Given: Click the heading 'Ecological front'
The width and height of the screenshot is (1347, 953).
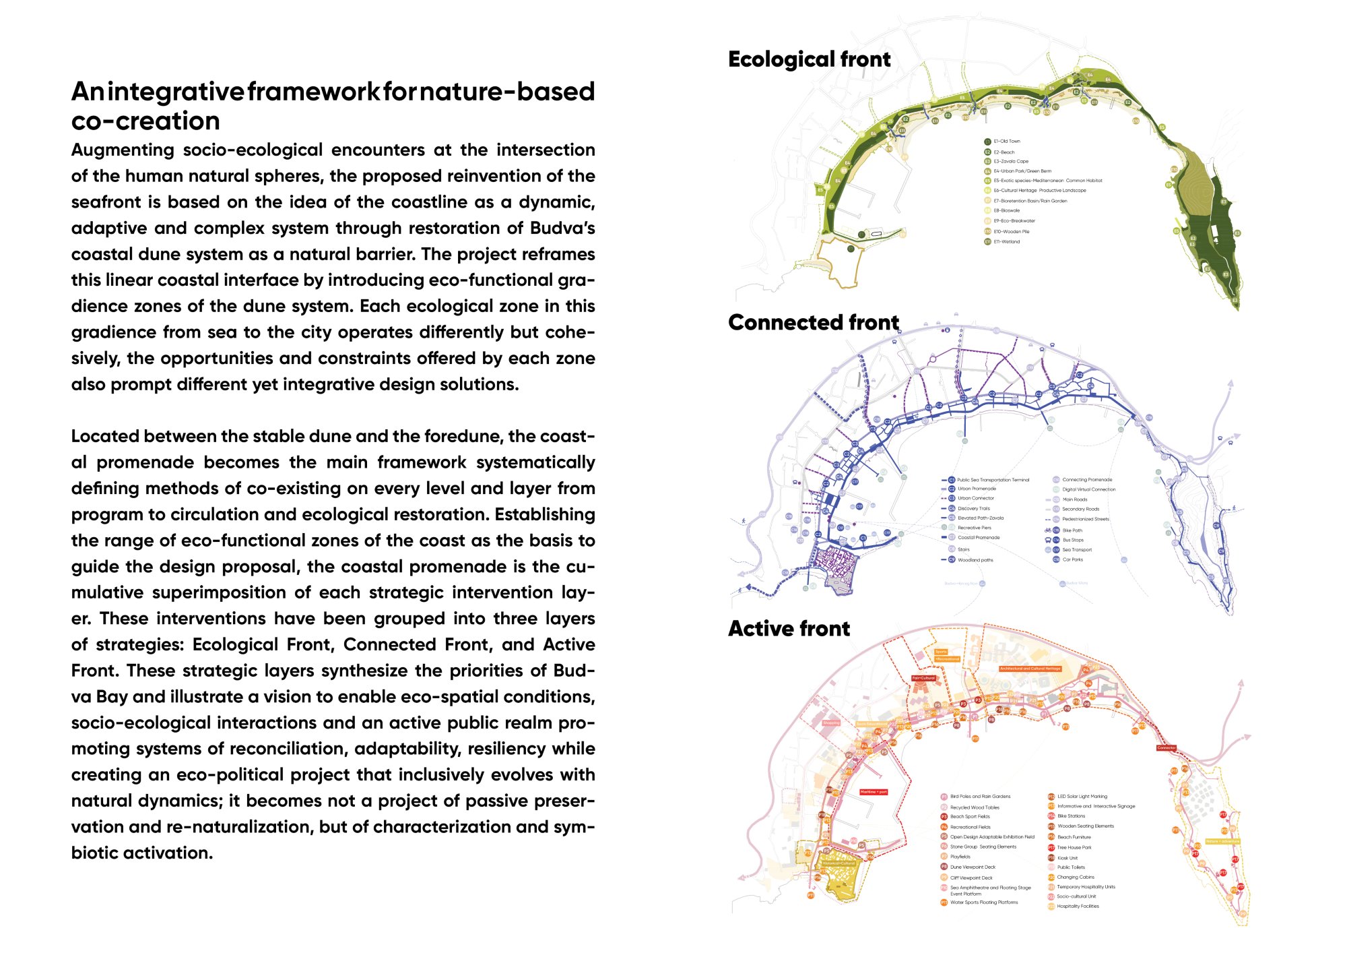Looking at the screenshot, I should [x=809, y=59].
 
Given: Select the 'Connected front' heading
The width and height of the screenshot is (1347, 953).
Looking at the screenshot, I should [x=813, y=323].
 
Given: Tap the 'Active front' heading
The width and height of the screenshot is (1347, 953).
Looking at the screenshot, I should [x=789, y=629].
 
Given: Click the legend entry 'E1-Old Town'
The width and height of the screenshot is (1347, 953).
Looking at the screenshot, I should [x=1006, y=142].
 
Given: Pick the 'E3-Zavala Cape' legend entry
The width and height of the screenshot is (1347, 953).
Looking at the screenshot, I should [x=1010, y=162].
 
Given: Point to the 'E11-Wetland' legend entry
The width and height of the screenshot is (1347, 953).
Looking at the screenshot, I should [x=1006, y=241].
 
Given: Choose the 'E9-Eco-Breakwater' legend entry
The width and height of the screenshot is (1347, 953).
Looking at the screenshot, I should [x=1014, y=221].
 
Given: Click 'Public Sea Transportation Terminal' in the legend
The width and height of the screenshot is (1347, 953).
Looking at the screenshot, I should [x=993, y=480].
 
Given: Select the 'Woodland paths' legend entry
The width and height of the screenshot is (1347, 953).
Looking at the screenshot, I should [x=975, y=560].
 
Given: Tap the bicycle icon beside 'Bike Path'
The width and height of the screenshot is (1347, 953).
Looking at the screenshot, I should [x=1047, y=530].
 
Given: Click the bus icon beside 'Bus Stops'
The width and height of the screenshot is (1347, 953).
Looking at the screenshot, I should [x=1047, y=540].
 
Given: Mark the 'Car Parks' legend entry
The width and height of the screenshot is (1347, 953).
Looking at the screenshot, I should [x=1072, y=559].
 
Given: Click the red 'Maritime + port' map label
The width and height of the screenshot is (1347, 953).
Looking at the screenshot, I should [x=874, y=792].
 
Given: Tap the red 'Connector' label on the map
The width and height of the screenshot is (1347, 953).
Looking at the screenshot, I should [x=1166, y=747].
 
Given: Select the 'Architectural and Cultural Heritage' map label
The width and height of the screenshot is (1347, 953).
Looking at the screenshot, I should [x=1030, y=669].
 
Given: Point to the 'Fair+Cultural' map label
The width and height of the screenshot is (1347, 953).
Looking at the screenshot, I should [x=923, y=678].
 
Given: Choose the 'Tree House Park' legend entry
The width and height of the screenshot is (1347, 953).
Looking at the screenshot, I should [x=1074, y=847].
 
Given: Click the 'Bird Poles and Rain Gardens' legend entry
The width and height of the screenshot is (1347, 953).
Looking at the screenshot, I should [x=980, y=797].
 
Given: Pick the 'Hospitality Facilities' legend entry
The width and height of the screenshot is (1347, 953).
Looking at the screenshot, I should [x=1078, y=906].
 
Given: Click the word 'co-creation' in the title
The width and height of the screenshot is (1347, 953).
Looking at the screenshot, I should [x=145, y=121].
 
